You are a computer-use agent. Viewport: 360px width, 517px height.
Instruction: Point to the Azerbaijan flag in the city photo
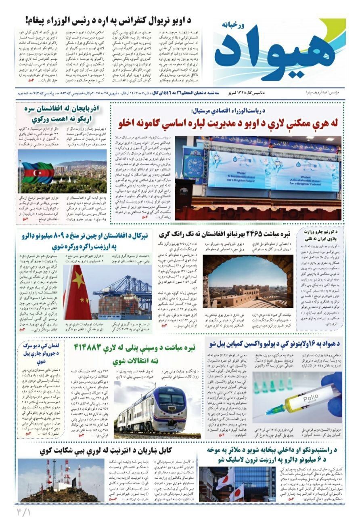pyautogui.click(x=38, y=172)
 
